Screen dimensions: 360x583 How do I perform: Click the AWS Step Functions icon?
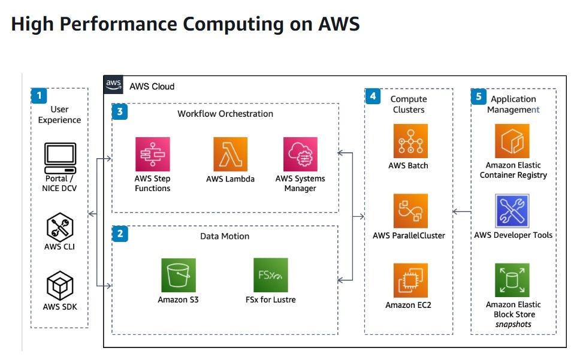point(153,155)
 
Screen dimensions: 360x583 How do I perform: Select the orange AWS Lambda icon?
point(230,155)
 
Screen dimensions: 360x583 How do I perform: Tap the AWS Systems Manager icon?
point(300,155)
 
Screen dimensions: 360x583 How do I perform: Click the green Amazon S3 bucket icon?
point(178,276)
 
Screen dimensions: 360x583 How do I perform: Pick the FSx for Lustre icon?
point(270,276)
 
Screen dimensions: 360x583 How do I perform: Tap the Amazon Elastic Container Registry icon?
point(512,141)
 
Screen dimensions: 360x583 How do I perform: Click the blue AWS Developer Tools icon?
point(512,211)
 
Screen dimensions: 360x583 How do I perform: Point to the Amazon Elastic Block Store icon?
point(512,280)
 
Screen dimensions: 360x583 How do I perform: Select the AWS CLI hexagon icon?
point(60,227)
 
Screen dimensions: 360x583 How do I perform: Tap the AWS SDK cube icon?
point(60,286)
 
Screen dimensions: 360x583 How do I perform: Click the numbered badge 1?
point(39,96)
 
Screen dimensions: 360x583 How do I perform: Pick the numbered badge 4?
point(373,96)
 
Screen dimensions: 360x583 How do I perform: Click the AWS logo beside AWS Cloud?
point(113,84)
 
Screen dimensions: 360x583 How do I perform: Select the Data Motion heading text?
point(225,236)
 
